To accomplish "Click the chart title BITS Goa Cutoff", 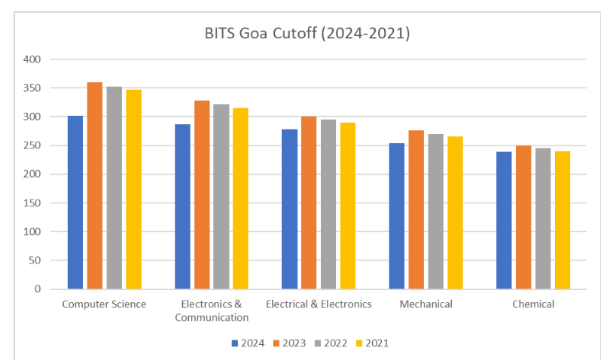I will click(307, 34).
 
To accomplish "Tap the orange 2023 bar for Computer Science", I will click(95, 185).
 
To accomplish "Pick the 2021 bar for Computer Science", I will click(134, 189).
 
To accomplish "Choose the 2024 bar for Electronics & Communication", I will click(182, 206).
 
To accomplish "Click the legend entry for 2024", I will click(248, 343).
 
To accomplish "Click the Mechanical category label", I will click(426, 304).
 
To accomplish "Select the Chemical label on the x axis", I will click(533, 304).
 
